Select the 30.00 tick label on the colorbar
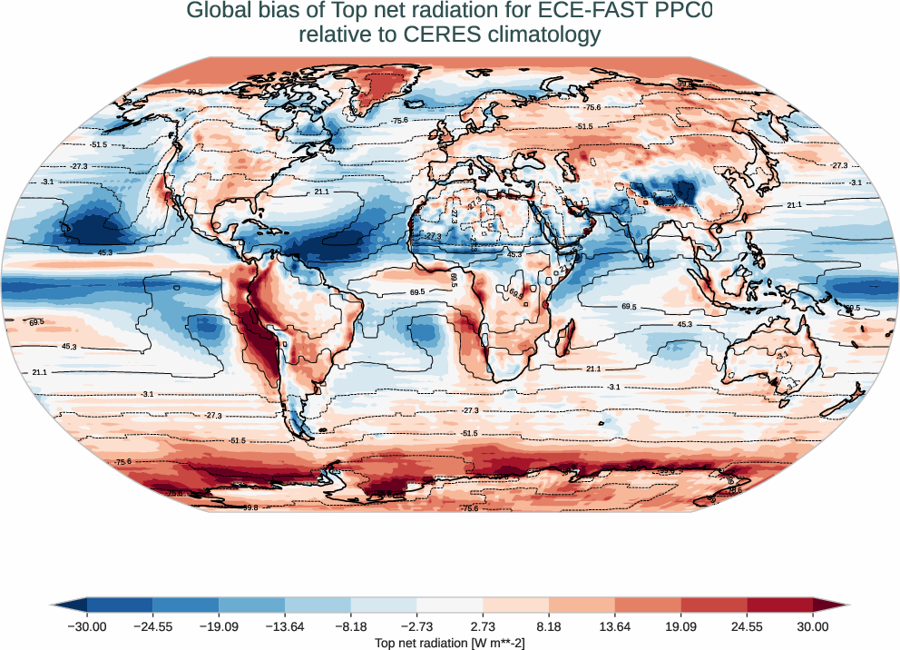coord(813,626)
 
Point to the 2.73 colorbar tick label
coord(483,626)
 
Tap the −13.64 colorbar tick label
coord(285,626)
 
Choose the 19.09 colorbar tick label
coord(680,626)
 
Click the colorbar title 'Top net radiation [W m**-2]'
coord(450,643)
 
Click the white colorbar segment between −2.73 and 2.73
coord(450,605)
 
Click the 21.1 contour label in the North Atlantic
coord(322,192)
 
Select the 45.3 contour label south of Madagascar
coord(684,324)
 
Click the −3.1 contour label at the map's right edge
coord(855,182)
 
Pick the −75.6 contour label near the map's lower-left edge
coord(123,462)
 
